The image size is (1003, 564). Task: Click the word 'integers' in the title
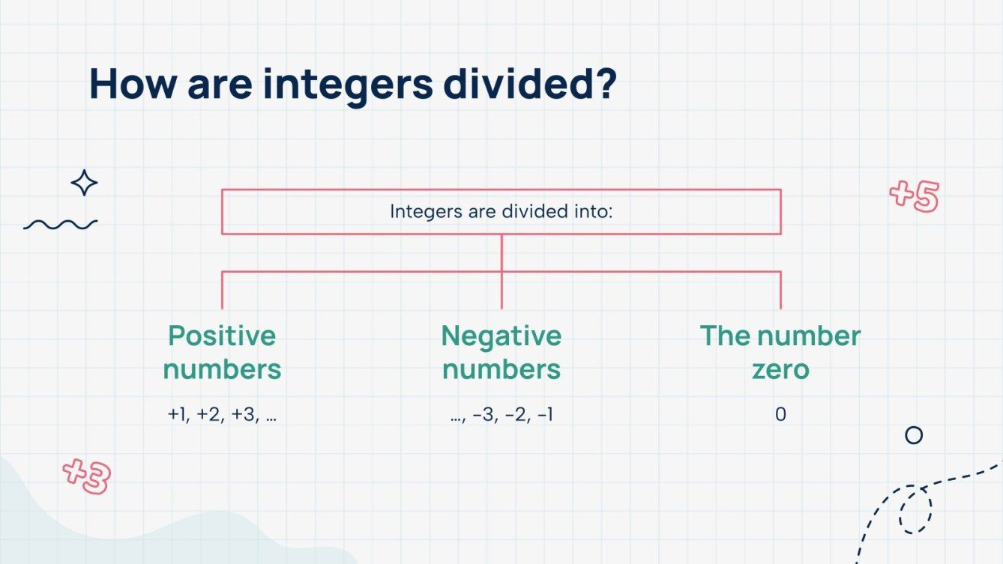click(347, 85)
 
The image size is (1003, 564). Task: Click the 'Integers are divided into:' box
click(501, 211)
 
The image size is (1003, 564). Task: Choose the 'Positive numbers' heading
click(222, 352)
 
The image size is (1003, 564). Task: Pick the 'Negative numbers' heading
click(501, 352)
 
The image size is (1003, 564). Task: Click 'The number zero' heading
click(780, 352)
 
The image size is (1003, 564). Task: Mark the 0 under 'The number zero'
click(780, 414)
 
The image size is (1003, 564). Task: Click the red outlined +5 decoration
click(914, 196)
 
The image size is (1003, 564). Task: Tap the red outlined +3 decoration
click(86, 476)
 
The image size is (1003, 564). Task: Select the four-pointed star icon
click(84, 183)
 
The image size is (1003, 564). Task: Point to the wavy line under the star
click(60, 224)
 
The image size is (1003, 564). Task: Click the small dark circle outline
click(913, 435)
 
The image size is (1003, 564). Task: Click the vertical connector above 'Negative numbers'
click(501, 288)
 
